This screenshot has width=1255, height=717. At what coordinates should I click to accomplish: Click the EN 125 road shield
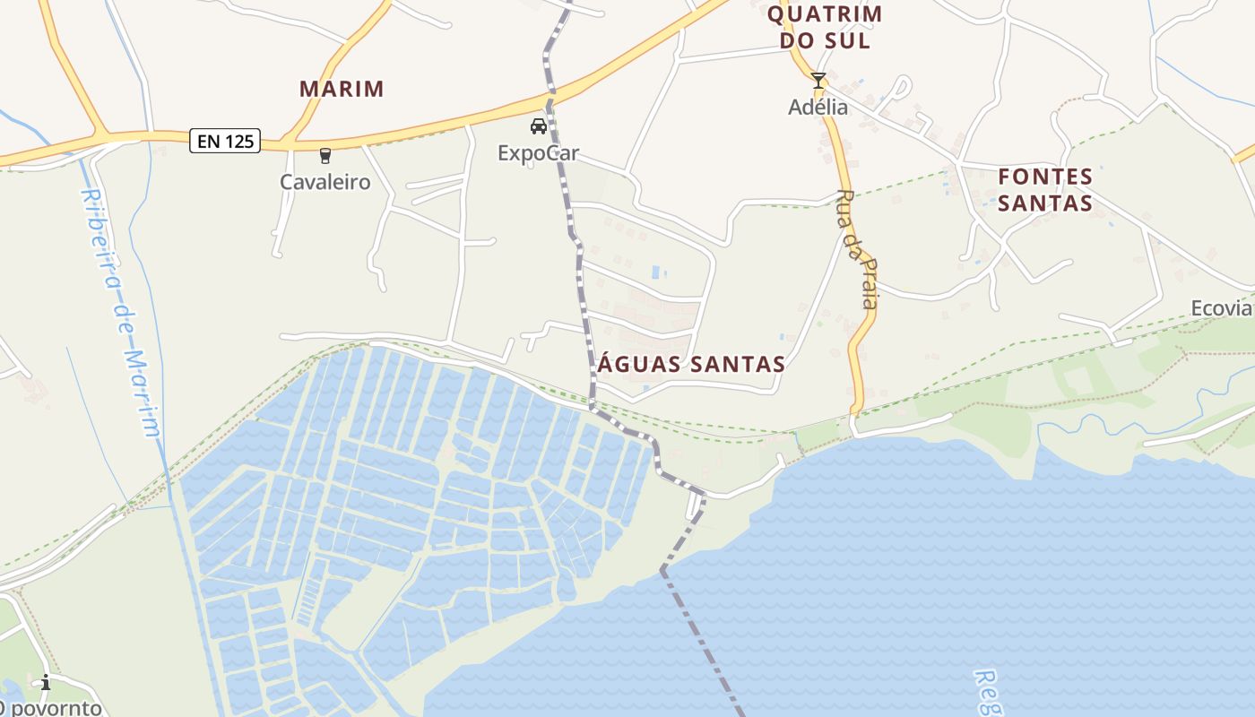224,141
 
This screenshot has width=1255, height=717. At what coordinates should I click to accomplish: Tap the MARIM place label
342,89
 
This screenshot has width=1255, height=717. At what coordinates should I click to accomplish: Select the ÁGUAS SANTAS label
690,364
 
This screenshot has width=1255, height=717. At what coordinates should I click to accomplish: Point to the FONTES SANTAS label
1045,189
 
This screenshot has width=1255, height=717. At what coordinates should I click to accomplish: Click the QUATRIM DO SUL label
825,27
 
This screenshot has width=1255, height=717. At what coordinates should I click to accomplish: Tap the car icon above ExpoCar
538,126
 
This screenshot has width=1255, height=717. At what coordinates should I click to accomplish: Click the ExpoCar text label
538,153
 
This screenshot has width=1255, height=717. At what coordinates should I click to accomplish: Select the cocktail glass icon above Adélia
818,81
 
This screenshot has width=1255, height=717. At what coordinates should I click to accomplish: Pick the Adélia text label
818,107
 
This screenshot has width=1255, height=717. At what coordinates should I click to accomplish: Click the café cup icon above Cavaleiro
325,156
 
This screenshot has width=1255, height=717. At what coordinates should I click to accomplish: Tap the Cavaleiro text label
325,182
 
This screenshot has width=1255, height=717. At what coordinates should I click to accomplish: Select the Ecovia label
1221,308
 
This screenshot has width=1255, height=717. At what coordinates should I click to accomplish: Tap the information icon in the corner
45,683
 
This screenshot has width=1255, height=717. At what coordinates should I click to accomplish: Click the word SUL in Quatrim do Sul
850,40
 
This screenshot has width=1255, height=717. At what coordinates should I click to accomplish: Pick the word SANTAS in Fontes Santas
1045,203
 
